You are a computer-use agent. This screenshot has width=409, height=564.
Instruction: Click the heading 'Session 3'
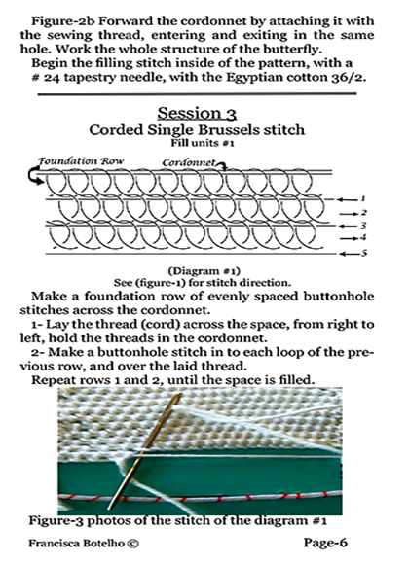tap(197, 113)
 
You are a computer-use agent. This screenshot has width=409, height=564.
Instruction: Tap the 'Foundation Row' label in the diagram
tap(81, 160)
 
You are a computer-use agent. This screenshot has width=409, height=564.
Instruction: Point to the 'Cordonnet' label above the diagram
tap(189, 162)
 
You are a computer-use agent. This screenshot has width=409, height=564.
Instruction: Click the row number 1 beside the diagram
tap(363, 198)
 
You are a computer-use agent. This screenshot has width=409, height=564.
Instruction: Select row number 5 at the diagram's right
tap(364, 253)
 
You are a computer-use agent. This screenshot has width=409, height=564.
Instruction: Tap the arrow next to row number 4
tap(348, 238)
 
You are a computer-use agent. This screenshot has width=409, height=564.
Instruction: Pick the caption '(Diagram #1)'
tap(204, 270)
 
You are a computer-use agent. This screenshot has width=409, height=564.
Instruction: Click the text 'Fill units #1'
tap(203, 143)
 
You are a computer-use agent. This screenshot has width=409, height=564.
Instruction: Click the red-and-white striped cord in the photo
tap(200, 498)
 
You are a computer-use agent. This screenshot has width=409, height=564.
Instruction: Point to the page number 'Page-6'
tap(325, 543)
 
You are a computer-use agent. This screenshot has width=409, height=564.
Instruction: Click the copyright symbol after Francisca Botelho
tap(133, 544)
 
